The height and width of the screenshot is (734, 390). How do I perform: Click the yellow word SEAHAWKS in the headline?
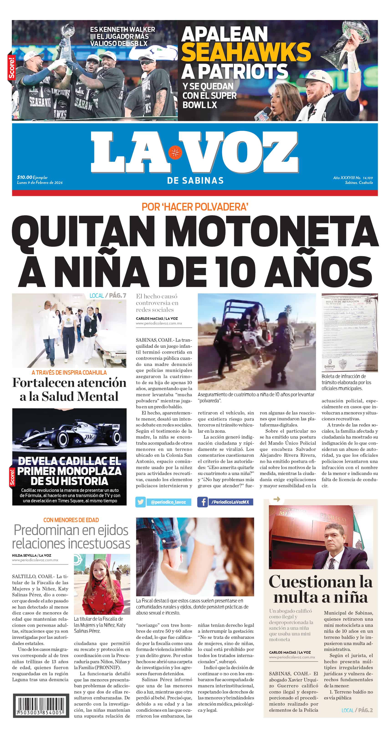coord(246,52)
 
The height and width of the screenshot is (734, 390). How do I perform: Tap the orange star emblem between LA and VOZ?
coord(175,152)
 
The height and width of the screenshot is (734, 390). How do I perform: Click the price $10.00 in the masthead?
coord(25,177)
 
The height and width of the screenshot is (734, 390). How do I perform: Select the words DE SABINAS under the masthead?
coord(195,180)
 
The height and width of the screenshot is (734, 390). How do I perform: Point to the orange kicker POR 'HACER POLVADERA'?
coord(195,207)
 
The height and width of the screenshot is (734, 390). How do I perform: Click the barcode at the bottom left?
coord(41,706)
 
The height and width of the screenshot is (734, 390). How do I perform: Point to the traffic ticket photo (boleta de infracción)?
coord(349,333)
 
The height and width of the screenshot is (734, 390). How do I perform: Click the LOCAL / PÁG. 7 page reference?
coord(108,295)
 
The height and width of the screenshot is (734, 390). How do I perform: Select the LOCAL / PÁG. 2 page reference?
coord(357,710)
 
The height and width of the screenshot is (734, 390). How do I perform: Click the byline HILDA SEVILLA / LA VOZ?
coord(32,555)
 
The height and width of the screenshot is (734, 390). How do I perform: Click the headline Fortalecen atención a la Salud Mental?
coord(69,389)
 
